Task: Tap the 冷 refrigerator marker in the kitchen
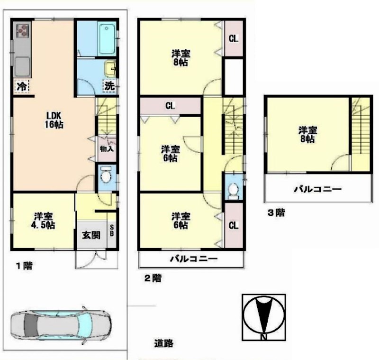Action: coord(21,86)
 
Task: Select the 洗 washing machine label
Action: coord(109,86)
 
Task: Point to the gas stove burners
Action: coord(22,31)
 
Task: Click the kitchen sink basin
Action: coord(22,66)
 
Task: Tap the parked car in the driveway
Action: coord(61,327)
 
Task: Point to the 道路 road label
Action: coord(162,343)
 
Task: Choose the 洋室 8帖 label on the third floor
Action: coord(307,134)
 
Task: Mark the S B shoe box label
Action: coord(112,232)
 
